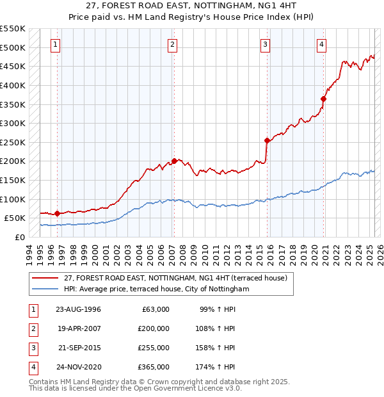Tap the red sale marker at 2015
point(267,140)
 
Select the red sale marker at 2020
point(324,99)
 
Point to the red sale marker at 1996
point(57,213)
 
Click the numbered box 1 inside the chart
point(56,44)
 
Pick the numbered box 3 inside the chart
point(265,44)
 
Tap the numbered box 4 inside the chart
point(321,44)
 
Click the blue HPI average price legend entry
point(156,289)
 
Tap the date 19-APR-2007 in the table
point(78,328)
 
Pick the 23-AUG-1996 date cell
point(78,309)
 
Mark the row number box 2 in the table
point(32,328)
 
